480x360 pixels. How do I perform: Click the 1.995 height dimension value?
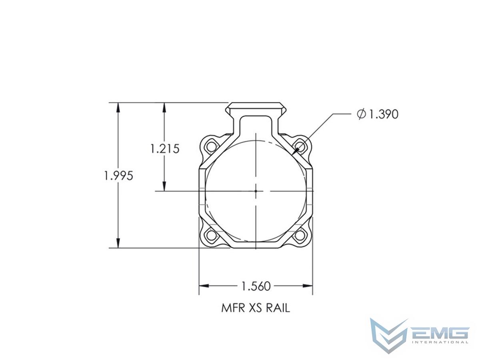coord(118,176)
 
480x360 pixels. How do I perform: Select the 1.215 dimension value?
coord(165,149)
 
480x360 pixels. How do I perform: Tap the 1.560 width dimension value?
coord(256,286)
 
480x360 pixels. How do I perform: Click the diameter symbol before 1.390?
coord(361,114)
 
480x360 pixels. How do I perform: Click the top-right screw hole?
coord(300,146)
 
